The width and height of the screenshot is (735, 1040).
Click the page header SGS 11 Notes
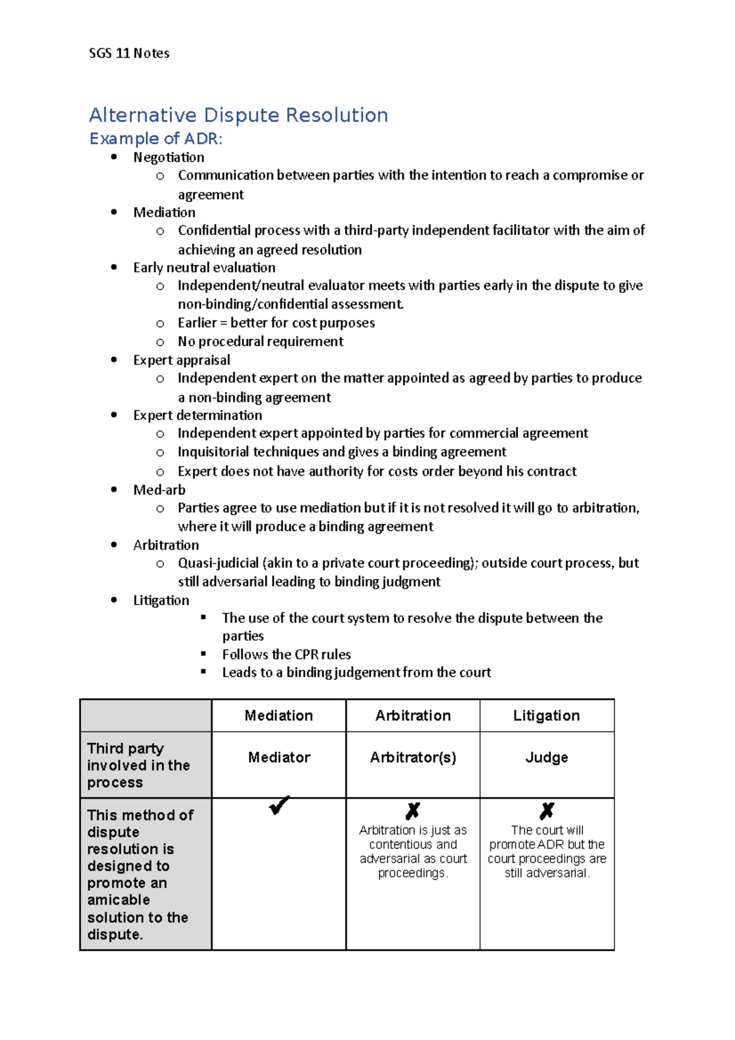pyautogui.click(x=129, y=53)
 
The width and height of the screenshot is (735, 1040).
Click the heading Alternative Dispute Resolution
pyautogui.click(x=238, y=115)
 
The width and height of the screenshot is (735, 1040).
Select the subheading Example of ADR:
pyautogui.click(x=156, y=139)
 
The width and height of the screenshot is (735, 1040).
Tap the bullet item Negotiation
pyautogui.click(x=168, y=157)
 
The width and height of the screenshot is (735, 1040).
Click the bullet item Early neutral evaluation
pyautogui.click(x=204, y=268)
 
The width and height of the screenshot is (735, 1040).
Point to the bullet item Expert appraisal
pyautogui.click(x=181, y=360)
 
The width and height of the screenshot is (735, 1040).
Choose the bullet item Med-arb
pyautogui.click(x=159, y=490)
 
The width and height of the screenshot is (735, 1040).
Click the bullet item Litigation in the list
pyautogui.click(x=161, y=600)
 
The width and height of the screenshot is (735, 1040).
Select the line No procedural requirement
pyautogui.click(x=260, y=341)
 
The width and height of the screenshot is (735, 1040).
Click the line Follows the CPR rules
pyautogui.click(x=286, y=654)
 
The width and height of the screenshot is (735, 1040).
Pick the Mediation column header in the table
pyautogui.click(x=279, y=715)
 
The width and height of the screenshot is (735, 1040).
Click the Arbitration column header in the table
pyautogui.click(x=413, y=715)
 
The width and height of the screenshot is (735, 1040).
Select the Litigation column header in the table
pyautogui.click(x=546, y=715)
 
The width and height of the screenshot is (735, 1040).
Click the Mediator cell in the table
pyautogui.click(x=279, y=758)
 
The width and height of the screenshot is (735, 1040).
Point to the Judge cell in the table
pyautogui.click(x=546, y=758)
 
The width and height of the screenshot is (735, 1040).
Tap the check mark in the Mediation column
pyautogui.click(x=279, y=805)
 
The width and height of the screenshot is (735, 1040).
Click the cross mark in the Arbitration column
pyautogui.click(x=413, y=811)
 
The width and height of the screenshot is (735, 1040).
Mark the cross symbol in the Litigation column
pyautogui.click(x=546, y=811)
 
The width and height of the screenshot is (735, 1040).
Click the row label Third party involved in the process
pyautogui.click(x=138, y=765)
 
